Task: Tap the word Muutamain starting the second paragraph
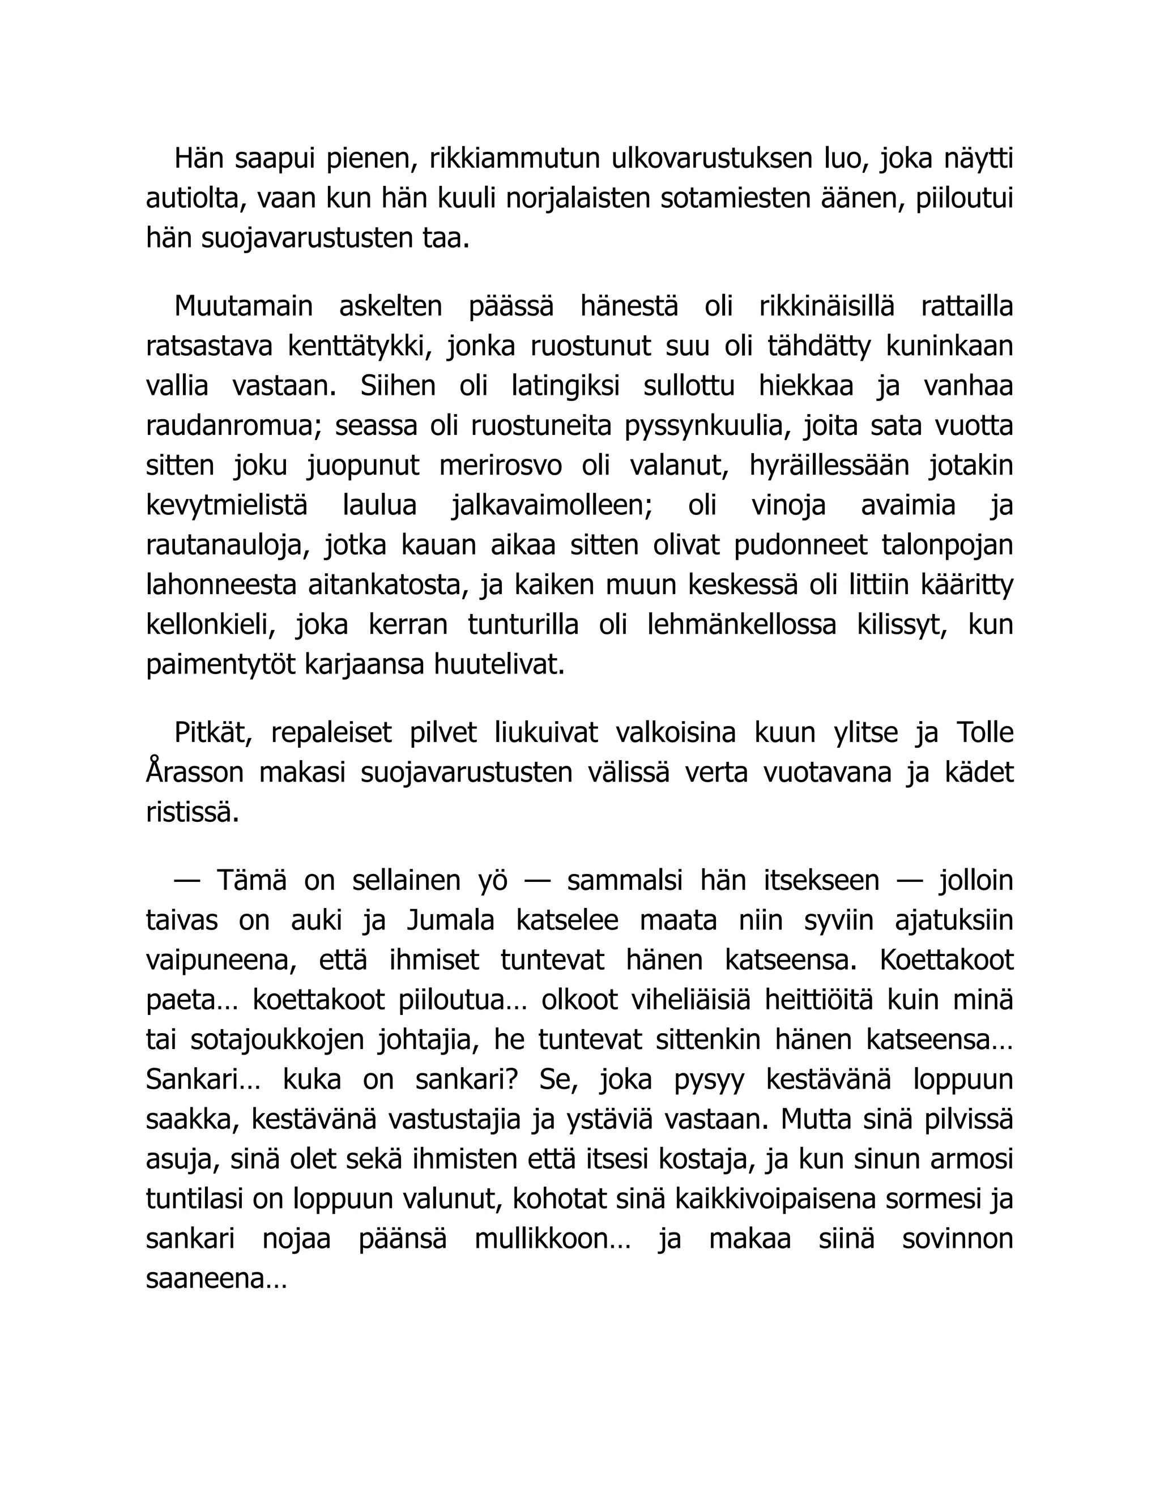(x=243, y=306)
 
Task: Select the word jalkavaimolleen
(x=552, y=506)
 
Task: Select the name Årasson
(x=195, y=773)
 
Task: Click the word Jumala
(x=451, y=920)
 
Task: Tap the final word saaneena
(x=216, y=1279)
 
